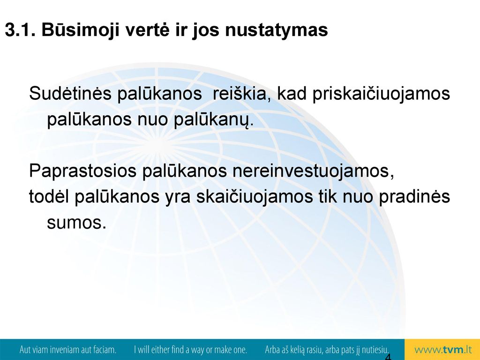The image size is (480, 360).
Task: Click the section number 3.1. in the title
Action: coord(20,30)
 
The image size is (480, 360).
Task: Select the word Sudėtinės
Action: coord(70,93)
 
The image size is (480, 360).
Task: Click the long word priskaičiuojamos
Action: coord(381,94)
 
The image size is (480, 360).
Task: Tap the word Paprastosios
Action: coord(82,171)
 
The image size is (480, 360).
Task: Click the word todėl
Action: coord(49,196)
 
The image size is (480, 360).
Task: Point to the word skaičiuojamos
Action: coord(254,197)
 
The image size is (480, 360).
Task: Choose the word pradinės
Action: coord(414,197)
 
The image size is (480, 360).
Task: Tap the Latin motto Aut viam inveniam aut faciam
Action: coord(67,350)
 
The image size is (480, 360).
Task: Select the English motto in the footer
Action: coord(190,350)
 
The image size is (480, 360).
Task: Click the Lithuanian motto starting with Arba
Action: coord(327,350)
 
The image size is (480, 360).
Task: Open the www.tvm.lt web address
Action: coord(443,350)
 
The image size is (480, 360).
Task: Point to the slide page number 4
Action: coord(388,357)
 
